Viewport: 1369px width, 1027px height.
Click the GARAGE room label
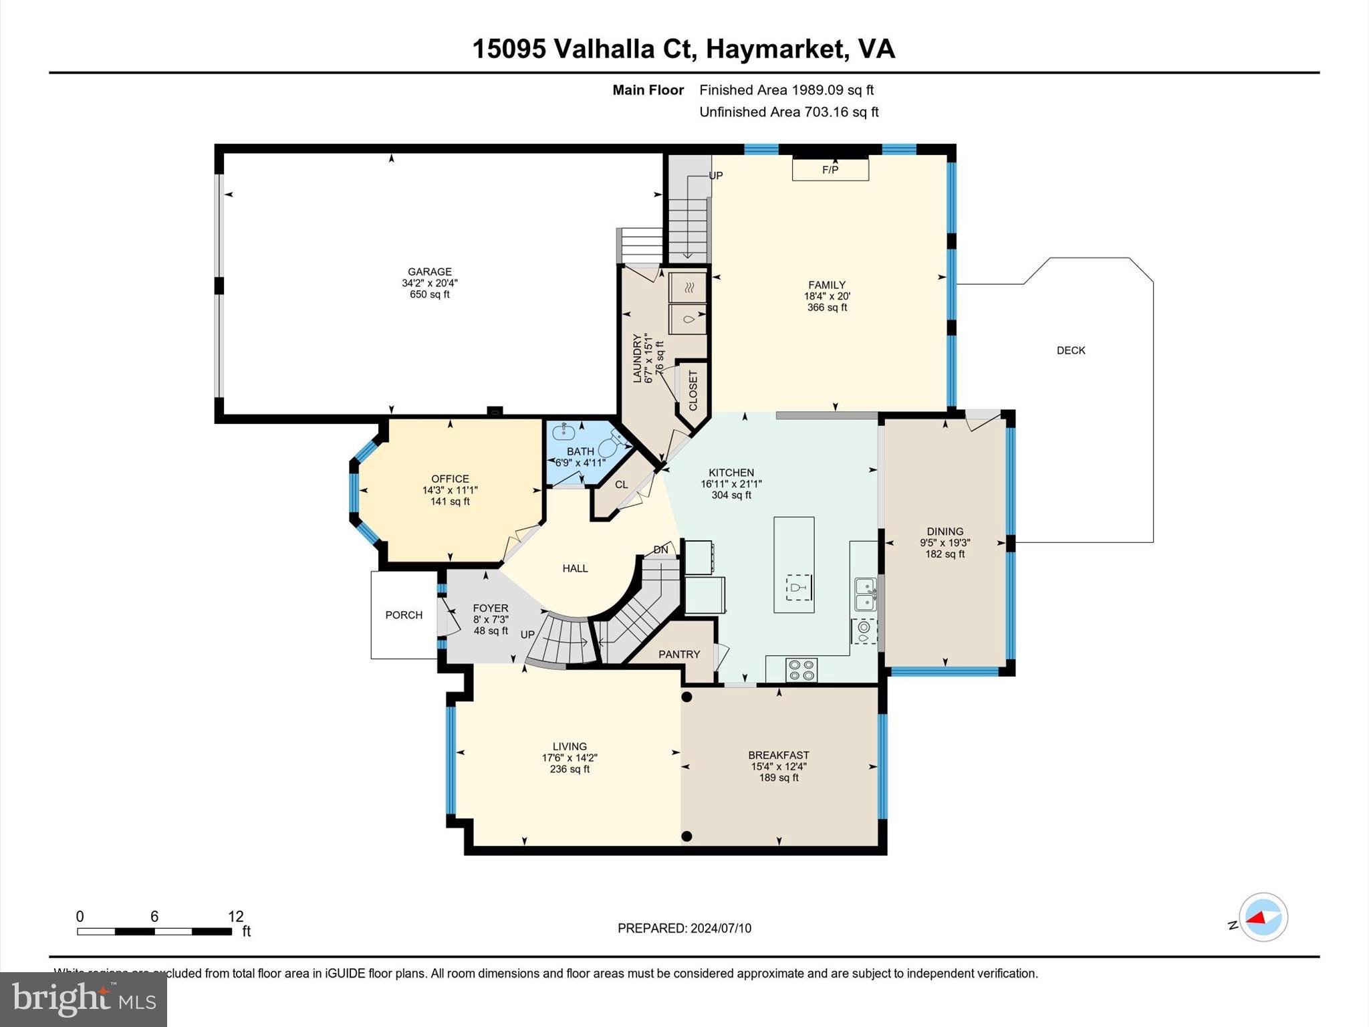(429, 271)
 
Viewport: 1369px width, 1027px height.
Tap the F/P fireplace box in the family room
(830, 169)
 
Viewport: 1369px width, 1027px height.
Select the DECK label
(1070, 350)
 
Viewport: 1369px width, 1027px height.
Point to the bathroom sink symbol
(564, 432)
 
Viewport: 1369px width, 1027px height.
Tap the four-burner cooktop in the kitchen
(801, 670)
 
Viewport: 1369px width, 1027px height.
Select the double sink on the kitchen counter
(866, 594)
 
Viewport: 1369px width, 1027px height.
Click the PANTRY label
(678, 654)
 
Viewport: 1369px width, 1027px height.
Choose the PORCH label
(404, 615)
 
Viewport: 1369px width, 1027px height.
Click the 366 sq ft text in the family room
(827, 308)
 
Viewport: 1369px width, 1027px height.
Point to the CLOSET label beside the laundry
(693, 390)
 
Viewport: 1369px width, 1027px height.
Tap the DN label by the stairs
(660, 550)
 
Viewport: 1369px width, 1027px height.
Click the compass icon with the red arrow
(1263, 917)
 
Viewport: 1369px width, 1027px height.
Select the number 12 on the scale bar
(235, 916)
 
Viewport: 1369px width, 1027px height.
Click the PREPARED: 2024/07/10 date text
(684, 928)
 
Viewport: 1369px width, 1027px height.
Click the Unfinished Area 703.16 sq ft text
(788, 112)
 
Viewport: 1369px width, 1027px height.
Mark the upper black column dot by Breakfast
(687, 697)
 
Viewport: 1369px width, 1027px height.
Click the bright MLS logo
(84, 999)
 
